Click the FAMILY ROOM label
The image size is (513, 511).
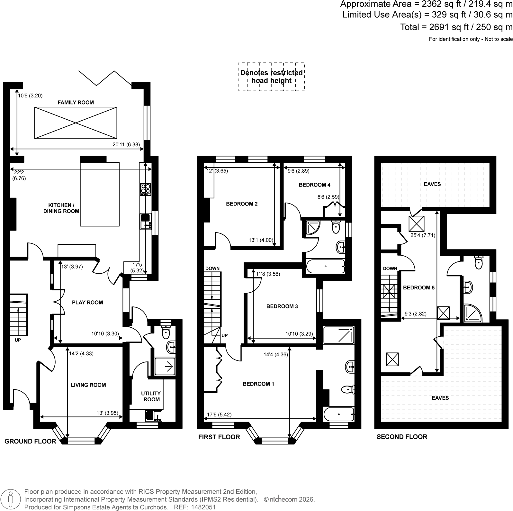(76, 103)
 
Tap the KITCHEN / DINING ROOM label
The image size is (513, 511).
(61, 208)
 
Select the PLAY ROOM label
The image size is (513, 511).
(87, 303)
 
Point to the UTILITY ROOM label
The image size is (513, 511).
(151, 397)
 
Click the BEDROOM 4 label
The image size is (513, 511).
(315, 185)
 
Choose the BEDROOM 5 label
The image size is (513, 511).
(419, 288)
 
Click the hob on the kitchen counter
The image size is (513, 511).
(146, 189)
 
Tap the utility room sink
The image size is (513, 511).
(154, 416)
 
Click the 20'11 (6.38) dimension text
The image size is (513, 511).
(126, 145)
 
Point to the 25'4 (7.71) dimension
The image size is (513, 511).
(423, 235)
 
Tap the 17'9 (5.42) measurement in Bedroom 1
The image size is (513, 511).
(219, 415)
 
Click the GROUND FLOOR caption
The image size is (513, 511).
(30, 442)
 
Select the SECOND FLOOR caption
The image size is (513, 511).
(402, 437)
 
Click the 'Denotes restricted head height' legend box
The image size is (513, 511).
(272, 77)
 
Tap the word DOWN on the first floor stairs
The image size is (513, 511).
(212, 269)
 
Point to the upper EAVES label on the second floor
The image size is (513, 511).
(432, 184)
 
